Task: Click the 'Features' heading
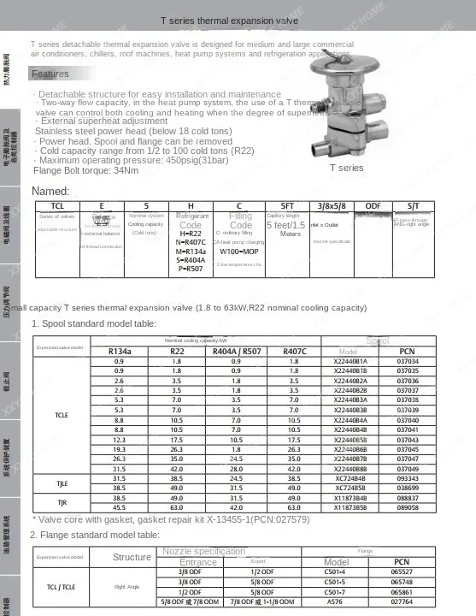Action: point(50,74)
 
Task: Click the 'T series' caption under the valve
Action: point(346,168)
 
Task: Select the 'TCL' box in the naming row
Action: point(57,206)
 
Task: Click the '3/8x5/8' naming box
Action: point(331,206)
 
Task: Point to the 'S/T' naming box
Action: point(413,206)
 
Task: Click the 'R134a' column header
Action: point(119,352)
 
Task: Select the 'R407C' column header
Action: point(293,352)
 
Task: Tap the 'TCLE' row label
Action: point(61,414)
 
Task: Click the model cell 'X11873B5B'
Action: point(350,506)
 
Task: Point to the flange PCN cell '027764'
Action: point(402,601)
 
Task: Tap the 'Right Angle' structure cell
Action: point(127,587)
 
